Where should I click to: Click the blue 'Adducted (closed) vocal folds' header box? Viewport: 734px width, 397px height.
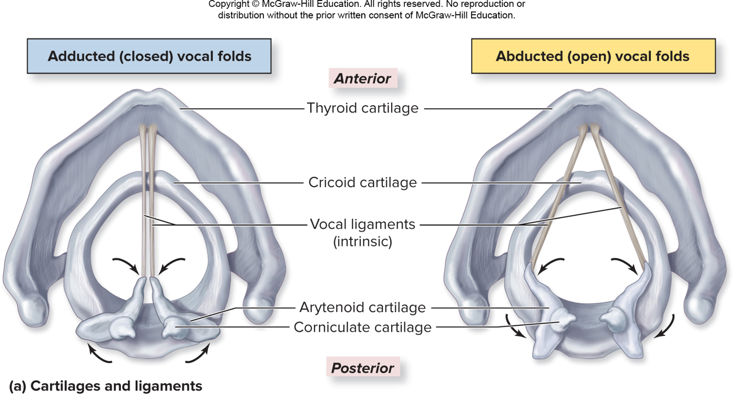pos(149,56)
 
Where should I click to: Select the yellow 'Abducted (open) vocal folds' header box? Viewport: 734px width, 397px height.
pos(593,56)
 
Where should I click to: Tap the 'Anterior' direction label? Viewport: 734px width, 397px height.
pos(363,78)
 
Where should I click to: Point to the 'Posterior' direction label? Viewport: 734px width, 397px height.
pos(363,368)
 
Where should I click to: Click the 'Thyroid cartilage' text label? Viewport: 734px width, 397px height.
pos(362,108)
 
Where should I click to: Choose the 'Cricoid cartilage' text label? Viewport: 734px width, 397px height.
pos(362,182)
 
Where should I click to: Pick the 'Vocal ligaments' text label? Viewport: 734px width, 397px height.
pos(362,225)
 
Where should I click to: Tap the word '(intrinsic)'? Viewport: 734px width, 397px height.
pos(362,242)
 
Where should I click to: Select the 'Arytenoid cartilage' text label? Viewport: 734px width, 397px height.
pos(362,308)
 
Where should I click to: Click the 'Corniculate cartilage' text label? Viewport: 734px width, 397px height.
pos(362,327)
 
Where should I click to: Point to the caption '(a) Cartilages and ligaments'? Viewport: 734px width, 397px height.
pos(106,386)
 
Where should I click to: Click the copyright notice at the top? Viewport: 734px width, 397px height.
pos(366,9)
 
